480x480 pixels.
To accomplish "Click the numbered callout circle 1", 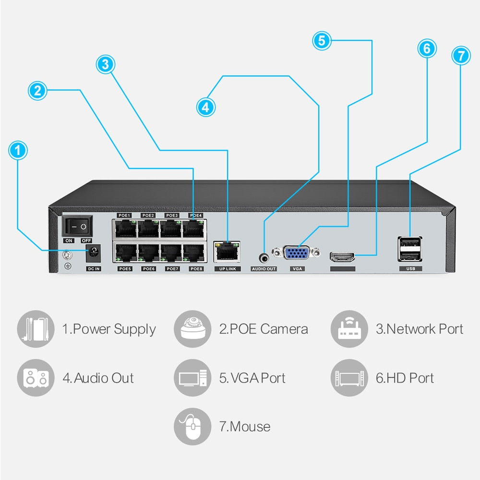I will pyautogui.click(x=18, y=151).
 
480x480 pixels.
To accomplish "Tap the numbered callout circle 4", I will pyautogui.click(x=206, y=107).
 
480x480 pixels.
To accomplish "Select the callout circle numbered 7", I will pyautogui.click(x=461, y=56).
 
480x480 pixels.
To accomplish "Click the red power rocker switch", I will pyautogui.click(x=77, y=226).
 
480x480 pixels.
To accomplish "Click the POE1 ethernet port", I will pyautogui.click(x=125, y=228).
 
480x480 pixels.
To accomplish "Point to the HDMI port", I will pyautogui.click(x=343, y=257).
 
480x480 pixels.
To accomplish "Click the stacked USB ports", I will pyautogui.click(x=410, y=249).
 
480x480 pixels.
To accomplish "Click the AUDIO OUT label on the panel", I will pyautogui.click(x=264, y=269).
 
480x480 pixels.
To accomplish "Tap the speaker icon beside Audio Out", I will pyautogui.click(x=36, y=378).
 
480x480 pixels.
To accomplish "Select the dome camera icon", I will pyautogui.click(x=192, y=329).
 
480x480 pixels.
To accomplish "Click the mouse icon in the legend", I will pyautogui.click(x=192, y=426).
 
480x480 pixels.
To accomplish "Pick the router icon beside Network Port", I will pyautogui.click(x=349, y=329).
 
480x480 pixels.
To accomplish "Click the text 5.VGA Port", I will pyautogui.click(x=252, y=378).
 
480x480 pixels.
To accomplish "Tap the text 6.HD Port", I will pyautogui.click(x=405, y=378).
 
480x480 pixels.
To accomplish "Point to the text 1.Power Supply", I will pyautogui.click(x=109, y=329).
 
